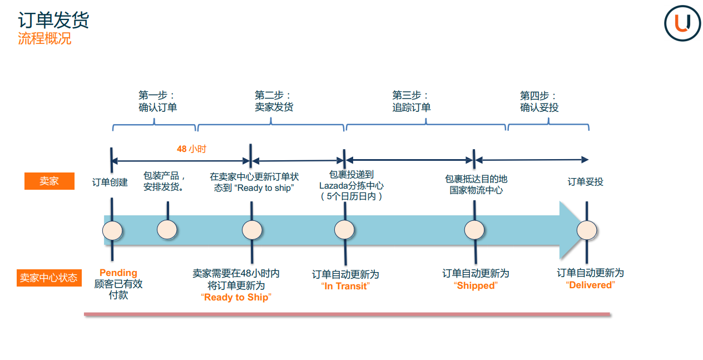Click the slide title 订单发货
click(x=53, y=21)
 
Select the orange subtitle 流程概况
click(x=44, y=39)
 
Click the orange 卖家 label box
click(x=49, y=181)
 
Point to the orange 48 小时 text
click(x=191, y=149)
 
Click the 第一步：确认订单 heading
click(x=157, y=101)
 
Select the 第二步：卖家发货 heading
click(x=274, y=101)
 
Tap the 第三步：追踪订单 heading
click(x=411, y=101)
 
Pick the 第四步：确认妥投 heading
click(x=539, y=101)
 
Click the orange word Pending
click(x=118, y=273)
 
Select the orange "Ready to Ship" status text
click(x=236, y=297)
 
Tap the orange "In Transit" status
click(x=345, y=286)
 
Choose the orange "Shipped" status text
click(x=476, y=285)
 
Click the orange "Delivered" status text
click(x=590, y=285)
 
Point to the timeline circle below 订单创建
click(x=112, y=230)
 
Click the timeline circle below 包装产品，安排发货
click(x=167, y=230)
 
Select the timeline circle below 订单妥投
click(x=586, y=230)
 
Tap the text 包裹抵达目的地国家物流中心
click(x=476, y=184)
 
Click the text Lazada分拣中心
click(x=351, y=186)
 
